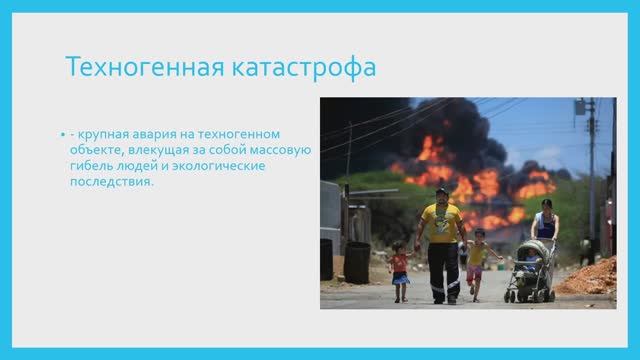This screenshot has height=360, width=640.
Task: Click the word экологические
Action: point(222,166)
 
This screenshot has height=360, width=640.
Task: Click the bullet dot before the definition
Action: point(61,134)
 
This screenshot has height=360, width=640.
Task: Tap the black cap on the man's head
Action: point(441,190)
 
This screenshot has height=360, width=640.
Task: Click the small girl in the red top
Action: point(400,270)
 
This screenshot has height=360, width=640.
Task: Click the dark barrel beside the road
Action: point(356,262)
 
